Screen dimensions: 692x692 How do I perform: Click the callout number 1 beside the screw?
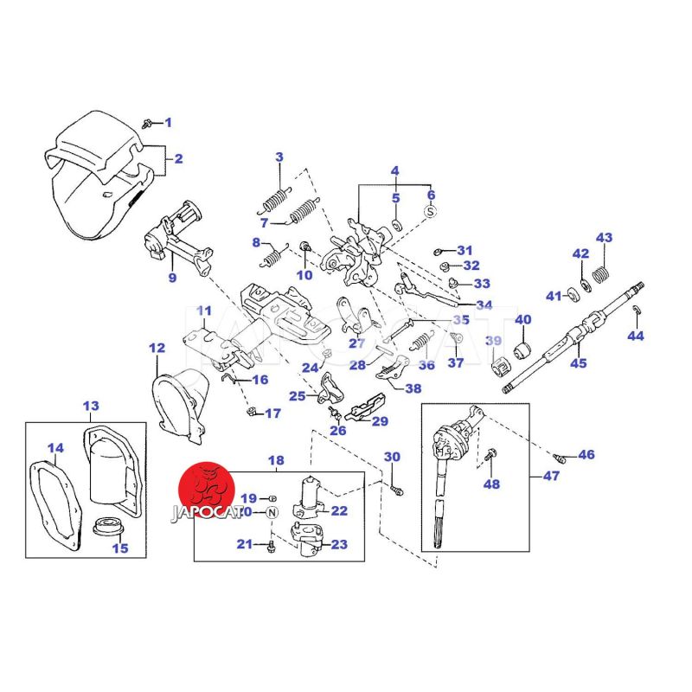169,122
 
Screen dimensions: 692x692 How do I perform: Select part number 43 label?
604,238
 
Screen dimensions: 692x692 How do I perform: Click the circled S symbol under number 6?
431,210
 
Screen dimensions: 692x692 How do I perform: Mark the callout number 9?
172,278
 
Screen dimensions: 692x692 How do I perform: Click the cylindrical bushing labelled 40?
522,350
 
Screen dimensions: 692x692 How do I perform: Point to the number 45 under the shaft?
578,363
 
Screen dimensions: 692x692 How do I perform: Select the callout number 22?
339,511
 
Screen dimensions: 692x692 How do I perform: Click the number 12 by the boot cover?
157,349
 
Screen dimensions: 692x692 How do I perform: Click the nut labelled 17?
253,412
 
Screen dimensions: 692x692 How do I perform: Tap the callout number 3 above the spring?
279,157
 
